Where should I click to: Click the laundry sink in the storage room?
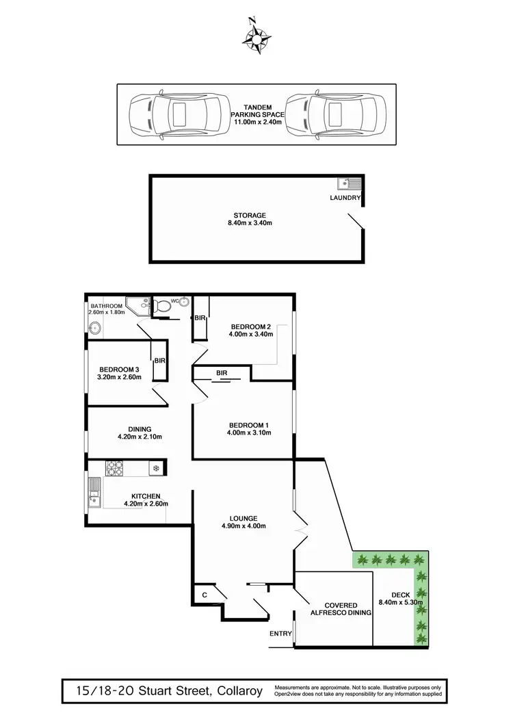click(x=348, y=183)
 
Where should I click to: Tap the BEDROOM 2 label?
click(x=251, y=326)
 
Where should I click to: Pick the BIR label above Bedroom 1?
click(x=222, y=372)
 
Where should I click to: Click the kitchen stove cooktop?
click(x=114, y=469)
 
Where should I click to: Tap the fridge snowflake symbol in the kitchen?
click(x=156, y=469)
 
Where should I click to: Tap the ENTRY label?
click(x=280, y=634)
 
